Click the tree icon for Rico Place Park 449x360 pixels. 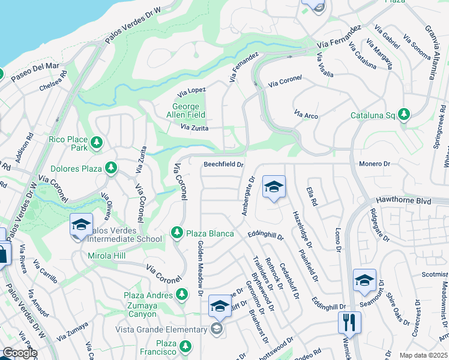click(96, 143)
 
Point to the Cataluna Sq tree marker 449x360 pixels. click(404, 114)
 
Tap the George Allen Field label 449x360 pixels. click(185, 110)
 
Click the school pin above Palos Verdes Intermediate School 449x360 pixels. click(81, 224)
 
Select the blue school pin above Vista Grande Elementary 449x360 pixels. click(220, 307)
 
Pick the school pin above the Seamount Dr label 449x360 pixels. click(364, 280)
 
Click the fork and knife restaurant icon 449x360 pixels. click(348, 322)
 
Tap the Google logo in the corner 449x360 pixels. click(19, 353)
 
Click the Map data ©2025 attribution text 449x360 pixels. click(423, 355)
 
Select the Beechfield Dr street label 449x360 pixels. click(223, 164)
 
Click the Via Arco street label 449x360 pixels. click(306, 113)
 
